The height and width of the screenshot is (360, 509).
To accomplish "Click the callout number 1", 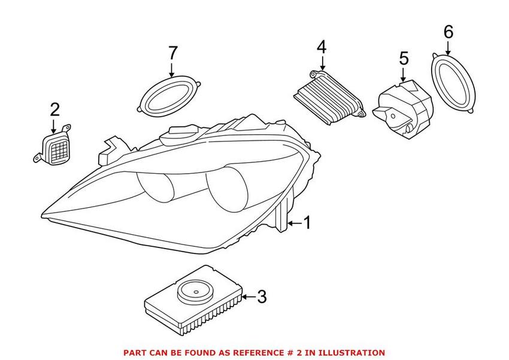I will (307, 223).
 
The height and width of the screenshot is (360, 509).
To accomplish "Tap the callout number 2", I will (54, 110).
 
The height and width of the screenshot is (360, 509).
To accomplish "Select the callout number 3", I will (261, 295).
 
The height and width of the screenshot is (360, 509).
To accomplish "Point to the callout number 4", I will (322, 46).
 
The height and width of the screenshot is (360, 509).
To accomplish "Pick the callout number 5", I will (403, 58).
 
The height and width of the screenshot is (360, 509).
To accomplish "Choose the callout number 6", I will (449, 31).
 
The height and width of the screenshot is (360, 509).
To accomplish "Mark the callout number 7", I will (172, 52).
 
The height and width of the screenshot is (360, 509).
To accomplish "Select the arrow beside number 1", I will (293, 223).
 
